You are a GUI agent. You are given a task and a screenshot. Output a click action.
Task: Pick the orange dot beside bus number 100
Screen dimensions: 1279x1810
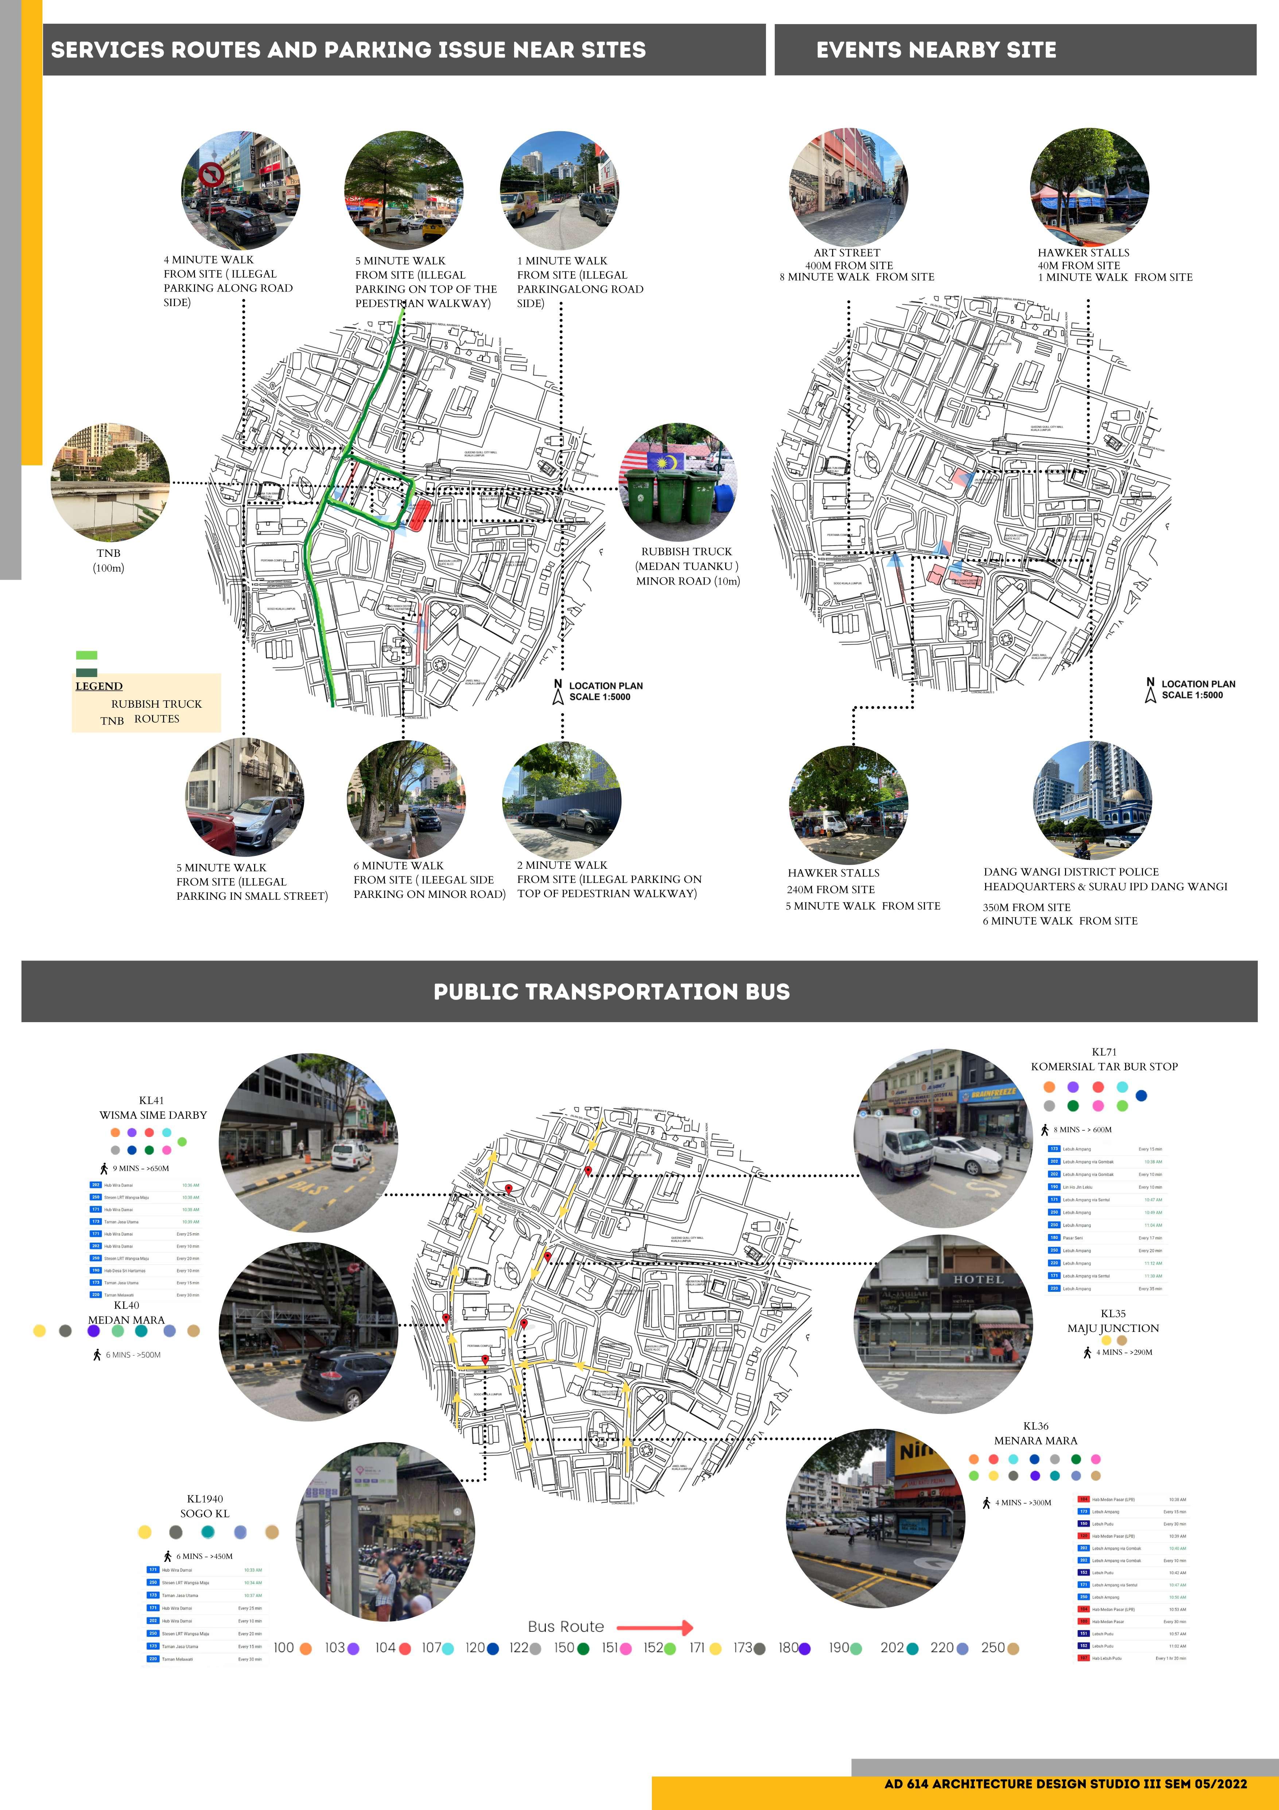pyautogui.click(x=306, y=1649)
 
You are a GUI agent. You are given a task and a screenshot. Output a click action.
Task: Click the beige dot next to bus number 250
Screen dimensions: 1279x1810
pyautogui.click(x=1013, y=1649)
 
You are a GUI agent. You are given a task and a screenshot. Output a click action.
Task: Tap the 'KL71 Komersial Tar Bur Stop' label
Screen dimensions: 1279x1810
pyautogui.click(x=1104, y=1060)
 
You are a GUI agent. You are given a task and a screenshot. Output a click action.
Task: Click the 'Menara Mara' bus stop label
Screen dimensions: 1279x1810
pyautogui.click(x=1035, y=1440)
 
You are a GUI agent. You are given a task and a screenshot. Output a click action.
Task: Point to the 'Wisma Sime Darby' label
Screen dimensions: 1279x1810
pyautogui.click(x=153, y=1115)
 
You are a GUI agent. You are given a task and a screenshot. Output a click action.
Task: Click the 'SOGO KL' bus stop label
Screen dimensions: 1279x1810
pyautogui.click(x=205, y=1513)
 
